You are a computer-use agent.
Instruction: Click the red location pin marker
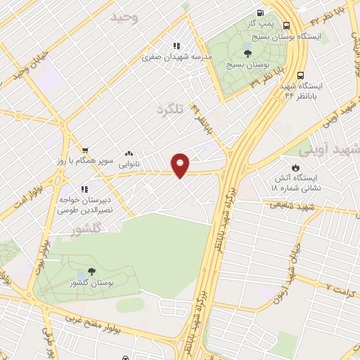[181, 165]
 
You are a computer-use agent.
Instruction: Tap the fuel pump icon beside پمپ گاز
[261, 13]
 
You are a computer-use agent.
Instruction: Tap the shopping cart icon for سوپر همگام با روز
[84, 150]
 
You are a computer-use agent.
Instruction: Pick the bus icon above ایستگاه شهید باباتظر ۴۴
[301, 75]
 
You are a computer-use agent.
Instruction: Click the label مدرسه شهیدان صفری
[167, 58]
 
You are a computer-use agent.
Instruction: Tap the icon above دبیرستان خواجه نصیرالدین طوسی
[84, 189]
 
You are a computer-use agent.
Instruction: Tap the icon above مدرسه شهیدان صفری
[176, 46]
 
